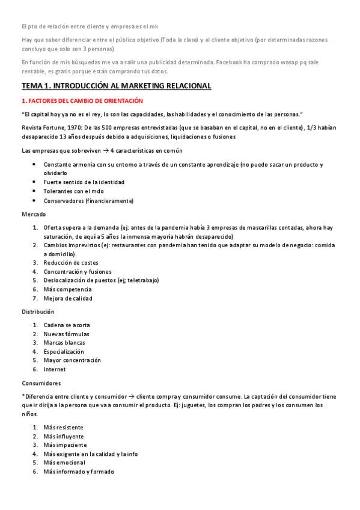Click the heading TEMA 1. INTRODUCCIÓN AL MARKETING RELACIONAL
116,86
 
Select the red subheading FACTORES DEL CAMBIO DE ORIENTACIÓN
82,100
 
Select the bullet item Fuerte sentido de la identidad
84,182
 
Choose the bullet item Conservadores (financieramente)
88,200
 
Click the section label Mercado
34,214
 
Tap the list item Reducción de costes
71,262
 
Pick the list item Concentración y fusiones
78,271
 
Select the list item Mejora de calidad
68,298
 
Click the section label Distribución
38,312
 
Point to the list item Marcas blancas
64,343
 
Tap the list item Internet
55,369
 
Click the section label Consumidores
41,383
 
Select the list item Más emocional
64,462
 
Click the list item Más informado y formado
79,472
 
